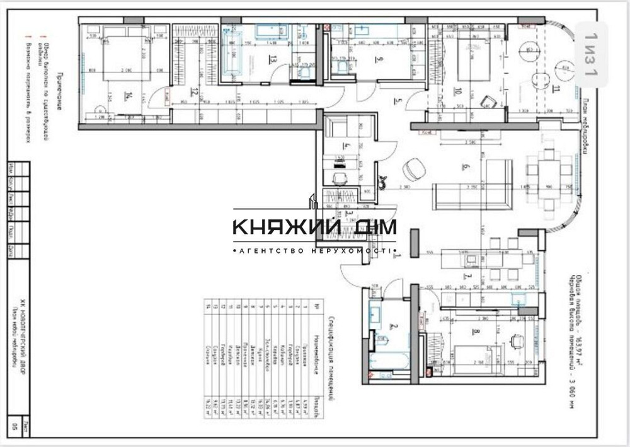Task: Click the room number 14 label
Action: point(128,96)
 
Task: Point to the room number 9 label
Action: point(379,60)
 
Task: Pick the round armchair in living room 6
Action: point(413,169)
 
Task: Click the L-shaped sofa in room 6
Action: point(479,186)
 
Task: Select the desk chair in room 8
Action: point(517,340)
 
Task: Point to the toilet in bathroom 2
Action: point(382,341)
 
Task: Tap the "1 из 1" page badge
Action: point(590,54)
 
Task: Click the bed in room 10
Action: point(472,57)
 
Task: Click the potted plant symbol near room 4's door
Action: point(382,183)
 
